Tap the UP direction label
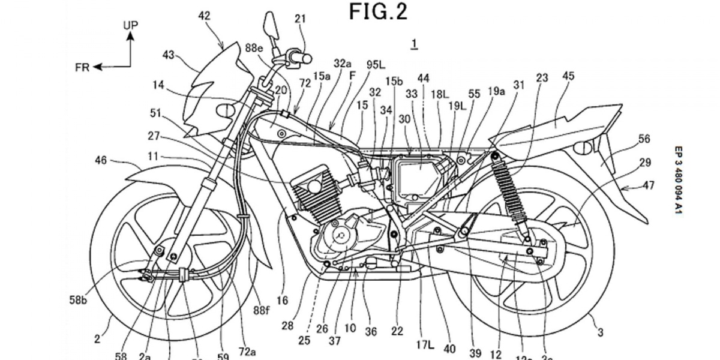pyautogui.click(x=130, y=25)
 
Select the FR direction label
pyautogui.click(x=82, y=67)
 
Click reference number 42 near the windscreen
pyautogui.click(x=205, y=17)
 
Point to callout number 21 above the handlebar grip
pyautogui.click(x=300, y=19)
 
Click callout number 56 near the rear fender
pyautogui.click(x=644, y=139)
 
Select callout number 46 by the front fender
pyautogui.click(x=101, y=160)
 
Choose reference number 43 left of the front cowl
pyautogui.click(x=168, y=55)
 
